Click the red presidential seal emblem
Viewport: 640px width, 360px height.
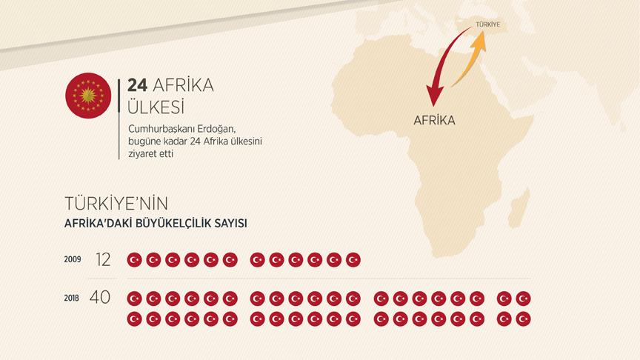[x=88, y=94]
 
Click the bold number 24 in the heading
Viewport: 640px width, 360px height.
[x=137, y=86]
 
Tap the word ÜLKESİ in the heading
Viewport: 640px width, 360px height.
[x=155, y=107]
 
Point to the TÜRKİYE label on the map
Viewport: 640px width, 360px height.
[x=487, y=24]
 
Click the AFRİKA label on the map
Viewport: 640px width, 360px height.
[x=434, y=120]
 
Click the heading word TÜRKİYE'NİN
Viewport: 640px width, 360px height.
[x=122, y=203]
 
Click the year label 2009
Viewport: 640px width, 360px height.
[x=73, y=259]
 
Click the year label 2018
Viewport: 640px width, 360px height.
[x=72, y=298]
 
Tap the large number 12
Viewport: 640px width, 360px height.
[x=102, y=259]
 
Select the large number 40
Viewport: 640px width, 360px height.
[x=100, y=298]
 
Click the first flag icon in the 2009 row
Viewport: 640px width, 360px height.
[x=134, y=259]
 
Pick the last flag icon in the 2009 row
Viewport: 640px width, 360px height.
[x=353, y=259]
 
